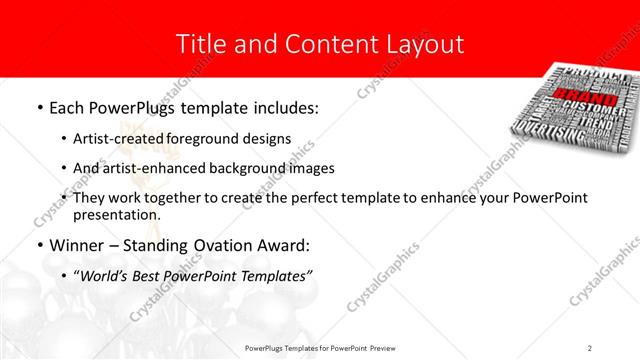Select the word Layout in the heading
421,44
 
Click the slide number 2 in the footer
590,347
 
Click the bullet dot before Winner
38,245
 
